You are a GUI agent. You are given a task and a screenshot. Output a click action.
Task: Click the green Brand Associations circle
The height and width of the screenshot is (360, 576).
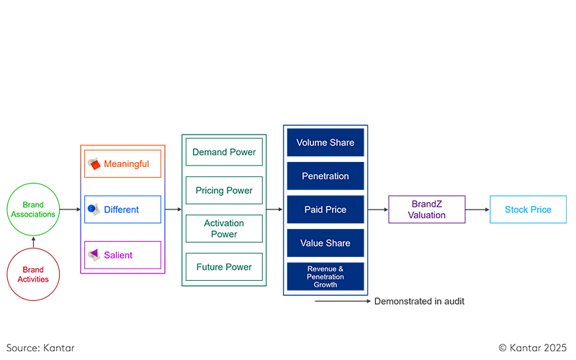click(33, 210)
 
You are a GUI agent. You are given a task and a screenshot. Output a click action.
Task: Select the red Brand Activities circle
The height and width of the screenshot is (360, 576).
click(33, 274)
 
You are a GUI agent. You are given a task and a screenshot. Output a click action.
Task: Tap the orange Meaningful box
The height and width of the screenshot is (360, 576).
click(122, 164)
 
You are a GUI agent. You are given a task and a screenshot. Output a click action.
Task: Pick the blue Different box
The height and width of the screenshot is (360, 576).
click(122, 210)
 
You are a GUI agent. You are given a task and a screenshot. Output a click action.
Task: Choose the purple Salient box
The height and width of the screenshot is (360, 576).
click(122, 255)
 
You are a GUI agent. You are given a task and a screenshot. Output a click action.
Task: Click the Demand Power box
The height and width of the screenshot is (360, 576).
click(224, 153)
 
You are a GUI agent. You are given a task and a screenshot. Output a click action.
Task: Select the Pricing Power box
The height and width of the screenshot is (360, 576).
click(224, 191)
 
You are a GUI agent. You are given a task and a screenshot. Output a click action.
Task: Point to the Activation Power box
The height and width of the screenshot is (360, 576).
click(224, 228)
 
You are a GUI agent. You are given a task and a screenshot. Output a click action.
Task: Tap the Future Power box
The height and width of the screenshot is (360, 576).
click(224, 267)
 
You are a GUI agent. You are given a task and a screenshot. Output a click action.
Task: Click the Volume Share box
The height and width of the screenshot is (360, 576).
click(325, 143)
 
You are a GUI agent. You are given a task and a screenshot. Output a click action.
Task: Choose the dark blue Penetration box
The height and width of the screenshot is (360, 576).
click(325, 176)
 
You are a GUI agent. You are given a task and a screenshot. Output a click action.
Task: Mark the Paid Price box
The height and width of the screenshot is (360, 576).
click(325, 210)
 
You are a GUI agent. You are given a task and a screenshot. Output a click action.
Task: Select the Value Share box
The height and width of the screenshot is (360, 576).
click(325, 243)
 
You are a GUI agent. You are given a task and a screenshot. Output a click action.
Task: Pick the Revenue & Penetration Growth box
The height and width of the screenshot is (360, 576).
click(325, 276)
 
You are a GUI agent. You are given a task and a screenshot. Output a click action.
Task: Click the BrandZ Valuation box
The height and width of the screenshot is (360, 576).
click(427, 210)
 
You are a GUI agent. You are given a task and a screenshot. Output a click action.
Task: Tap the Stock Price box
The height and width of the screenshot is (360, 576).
click(528, 210)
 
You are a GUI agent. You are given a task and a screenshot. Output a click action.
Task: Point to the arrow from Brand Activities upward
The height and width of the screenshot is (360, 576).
click(33, 241)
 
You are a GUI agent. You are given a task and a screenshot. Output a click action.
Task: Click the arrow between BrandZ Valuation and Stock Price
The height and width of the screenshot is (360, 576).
click(477, 210)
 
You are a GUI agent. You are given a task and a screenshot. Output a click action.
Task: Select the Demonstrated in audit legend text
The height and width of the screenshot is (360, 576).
click(419, 302)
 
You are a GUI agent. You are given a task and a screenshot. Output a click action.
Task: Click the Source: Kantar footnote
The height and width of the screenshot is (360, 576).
click(41, 348)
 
